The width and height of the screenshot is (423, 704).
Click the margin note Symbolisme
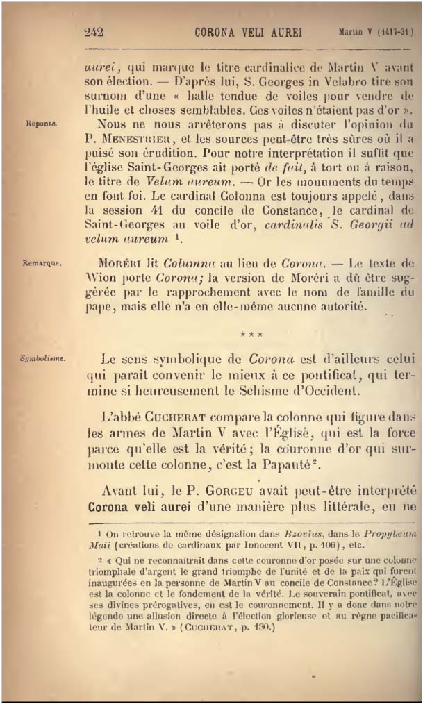click(x=42, y=359)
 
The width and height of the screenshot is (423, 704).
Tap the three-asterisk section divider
click(x=251, y=335)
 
